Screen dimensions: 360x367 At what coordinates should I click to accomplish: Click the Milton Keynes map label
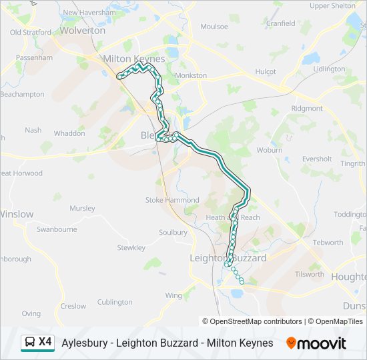[x=133, y=59]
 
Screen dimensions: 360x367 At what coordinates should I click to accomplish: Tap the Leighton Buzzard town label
[x=228, y=258]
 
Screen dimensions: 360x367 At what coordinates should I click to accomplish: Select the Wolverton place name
[x=83, y=31]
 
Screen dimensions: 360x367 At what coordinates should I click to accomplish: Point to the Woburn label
[x=270, y=150]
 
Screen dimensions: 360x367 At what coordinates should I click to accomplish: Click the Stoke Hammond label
[x=172, y=200]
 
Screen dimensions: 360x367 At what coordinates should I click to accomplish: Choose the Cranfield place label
[x=280, y=23]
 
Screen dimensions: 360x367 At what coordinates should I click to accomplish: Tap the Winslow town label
[x=16, y=215]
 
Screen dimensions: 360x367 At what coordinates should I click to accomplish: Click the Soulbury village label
[x=173, y=233]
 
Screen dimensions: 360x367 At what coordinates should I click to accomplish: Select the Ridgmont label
[x=307, y=108]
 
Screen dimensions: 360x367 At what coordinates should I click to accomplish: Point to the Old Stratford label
[x=31, y=32]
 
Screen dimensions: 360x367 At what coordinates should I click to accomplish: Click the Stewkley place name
[x=131, y=248]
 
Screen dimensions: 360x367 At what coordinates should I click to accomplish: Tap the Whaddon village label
[x=69, y=133]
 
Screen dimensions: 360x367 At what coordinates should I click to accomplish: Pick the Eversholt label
[x=317, y=159]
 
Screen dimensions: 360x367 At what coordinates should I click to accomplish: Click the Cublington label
[x=115, y=302]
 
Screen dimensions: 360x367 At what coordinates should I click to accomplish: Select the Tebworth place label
[x=328, y=243]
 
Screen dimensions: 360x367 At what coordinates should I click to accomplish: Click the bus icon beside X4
[x=30, y=343]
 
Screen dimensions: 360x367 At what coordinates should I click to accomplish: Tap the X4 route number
[x=45, y=342]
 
